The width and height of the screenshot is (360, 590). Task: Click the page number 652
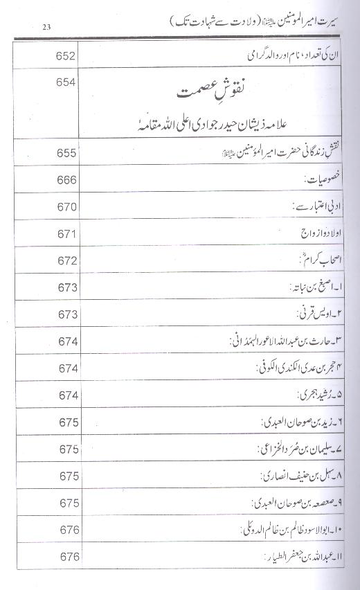[x=60, y=55]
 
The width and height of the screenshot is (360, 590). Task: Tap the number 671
[x=60, y=234]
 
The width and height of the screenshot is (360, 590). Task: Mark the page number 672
[x=60, y=262]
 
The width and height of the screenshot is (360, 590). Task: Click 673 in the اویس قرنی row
[x=60, y=314]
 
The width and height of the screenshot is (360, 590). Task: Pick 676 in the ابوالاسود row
[x=60, y=530]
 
